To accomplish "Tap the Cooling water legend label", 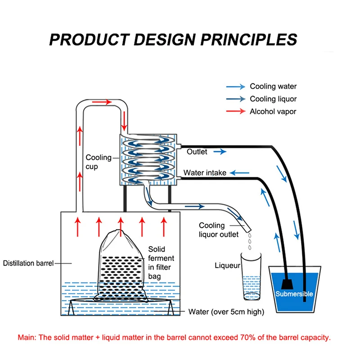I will [x=273, y=86].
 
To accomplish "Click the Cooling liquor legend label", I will [x=273, y=99].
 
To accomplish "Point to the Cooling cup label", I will [x=99, y=162].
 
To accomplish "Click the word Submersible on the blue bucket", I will [x=294, y=293].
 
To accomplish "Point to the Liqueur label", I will [x=227, y=266].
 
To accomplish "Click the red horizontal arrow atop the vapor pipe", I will [x=102, y=102].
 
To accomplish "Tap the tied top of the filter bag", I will [x=119, y=232].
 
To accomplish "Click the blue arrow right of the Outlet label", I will [x=220, y=152].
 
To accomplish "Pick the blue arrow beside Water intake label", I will [x=240, y=173].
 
